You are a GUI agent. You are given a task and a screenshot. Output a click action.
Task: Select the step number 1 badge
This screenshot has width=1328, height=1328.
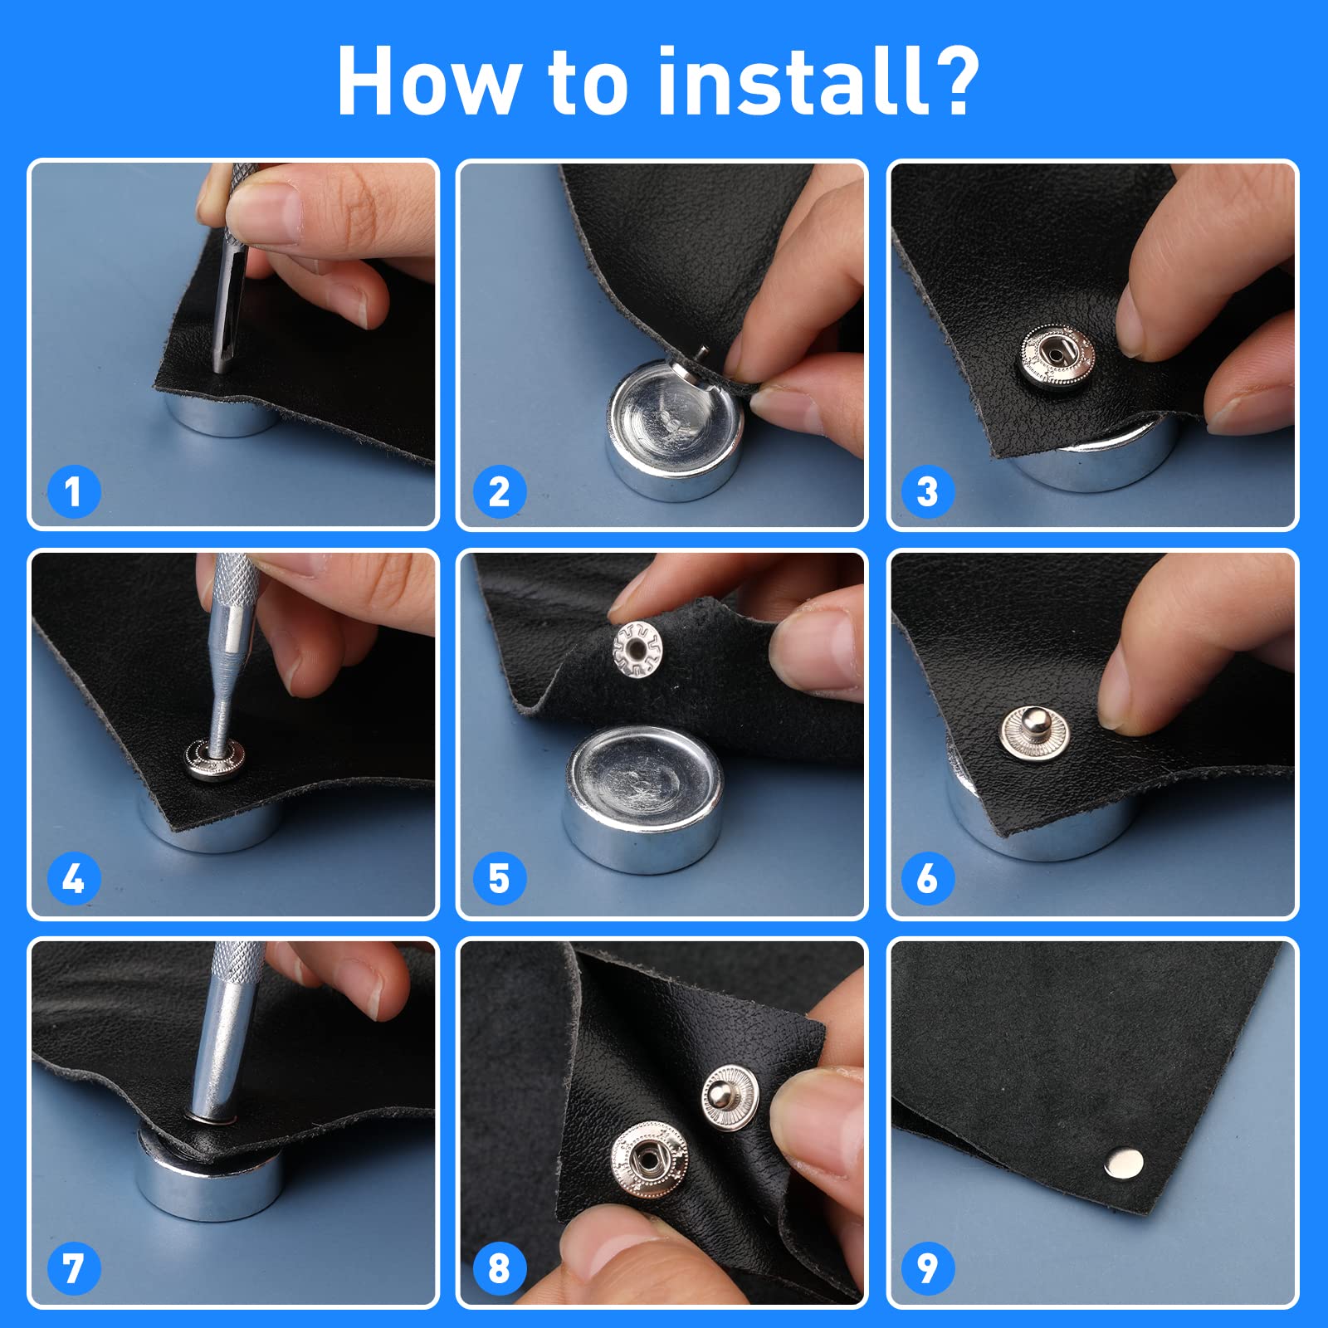pos(73,491)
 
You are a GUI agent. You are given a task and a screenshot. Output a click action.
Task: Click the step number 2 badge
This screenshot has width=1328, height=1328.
pos(500,491)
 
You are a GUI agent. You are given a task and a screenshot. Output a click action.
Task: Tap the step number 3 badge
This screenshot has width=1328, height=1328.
pos(928,491)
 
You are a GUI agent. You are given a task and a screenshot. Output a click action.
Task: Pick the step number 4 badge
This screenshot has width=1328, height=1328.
pos(73,878)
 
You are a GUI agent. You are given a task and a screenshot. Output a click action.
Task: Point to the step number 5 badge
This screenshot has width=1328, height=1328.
pos(500,878)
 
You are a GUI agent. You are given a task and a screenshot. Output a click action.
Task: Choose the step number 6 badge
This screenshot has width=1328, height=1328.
pos(928,878)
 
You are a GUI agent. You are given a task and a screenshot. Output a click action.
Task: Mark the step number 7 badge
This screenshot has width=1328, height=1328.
pos(73,1268)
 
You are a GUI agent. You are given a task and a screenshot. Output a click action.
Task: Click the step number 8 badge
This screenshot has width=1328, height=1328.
pos(500,1268)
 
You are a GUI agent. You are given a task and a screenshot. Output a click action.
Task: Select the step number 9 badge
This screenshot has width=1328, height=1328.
pos(928,1268)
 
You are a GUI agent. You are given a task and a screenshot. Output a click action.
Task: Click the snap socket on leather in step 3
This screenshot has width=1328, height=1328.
pos(1057,356)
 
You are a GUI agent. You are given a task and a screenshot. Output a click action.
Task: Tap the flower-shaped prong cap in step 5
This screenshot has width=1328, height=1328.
pos(637,648)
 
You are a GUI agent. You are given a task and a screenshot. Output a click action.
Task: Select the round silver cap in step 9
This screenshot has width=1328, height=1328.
pos(1124,1163)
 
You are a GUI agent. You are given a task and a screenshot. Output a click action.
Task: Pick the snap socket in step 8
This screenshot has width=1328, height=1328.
pos(649,1160)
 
